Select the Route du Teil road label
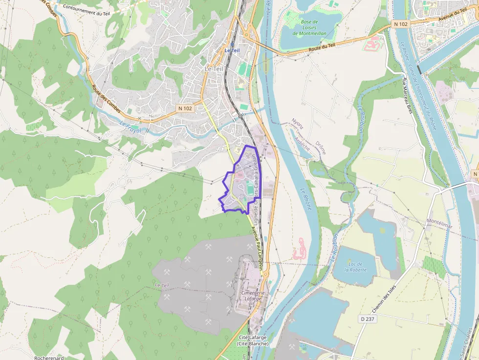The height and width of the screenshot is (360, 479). [x=322, y=47]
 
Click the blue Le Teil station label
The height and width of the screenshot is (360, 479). [x=232, y=50]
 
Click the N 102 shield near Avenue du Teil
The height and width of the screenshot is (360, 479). [x=400, y=24]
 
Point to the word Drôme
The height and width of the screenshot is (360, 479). [x=320, y=148]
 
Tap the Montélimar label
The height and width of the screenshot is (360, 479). [x=439, y=223]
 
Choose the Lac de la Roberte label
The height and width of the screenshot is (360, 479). [x=355, y=267]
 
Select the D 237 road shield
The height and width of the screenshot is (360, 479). [x=368, y=319]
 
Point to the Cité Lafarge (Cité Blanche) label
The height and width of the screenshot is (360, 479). [x=254, y=340]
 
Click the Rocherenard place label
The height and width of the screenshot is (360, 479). [x=49, y=358]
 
